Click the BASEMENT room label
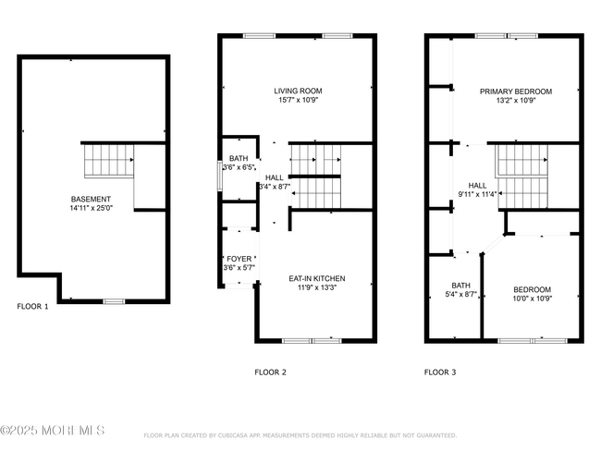[92, 199]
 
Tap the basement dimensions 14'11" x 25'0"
[92, 208]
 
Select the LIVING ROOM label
[298, 91]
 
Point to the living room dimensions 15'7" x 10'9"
[298, 100]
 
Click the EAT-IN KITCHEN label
[316, 277]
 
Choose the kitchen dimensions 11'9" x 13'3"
[316, 286]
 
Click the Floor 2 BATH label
[239, 158]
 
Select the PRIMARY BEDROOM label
[515, 91]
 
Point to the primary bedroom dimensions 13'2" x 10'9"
[515, 100]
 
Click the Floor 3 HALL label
[477, 185]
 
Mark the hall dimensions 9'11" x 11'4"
[477, 194]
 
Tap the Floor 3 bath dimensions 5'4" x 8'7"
[461, 294]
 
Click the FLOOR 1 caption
[33, 306]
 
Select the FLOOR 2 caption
[271, 372]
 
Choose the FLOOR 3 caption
[440, 372]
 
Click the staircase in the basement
[109, 162]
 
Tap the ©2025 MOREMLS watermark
[53, 431]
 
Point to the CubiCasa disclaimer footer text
[300, 434]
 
